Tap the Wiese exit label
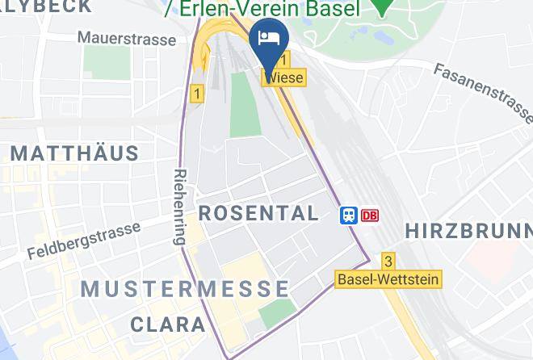click(x=283, y=78)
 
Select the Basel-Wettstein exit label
click(x=388, y=279)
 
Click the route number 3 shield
click(x=388, y=261)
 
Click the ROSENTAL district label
click(x=258, y=213)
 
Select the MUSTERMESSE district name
click(x=185, y=288)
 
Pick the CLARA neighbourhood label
click(x=169, y=324)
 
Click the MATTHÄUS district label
click(x=74, y=152)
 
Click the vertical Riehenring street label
click(x=179, y=207)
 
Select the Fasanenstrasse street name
click(x=483, y=92)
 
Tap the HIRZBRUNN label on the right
click(x=468, y=230)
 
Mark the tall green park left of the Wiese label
click(x=245, y=103)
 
